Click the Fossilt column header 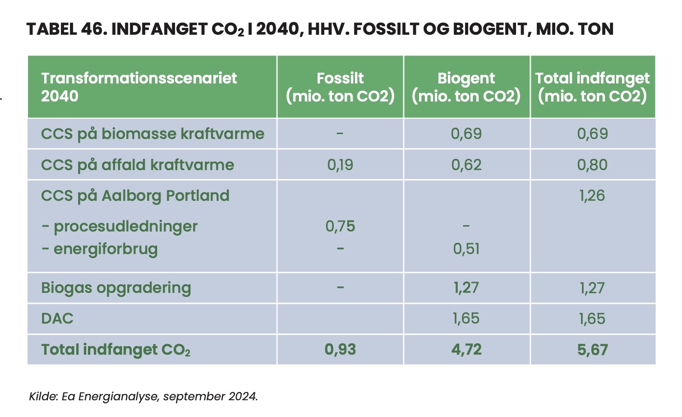pos(340,87)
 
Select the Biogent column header pos(466,87)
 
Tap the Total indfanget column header pos(593,87)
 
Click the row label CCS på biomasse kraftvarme pos(152,134)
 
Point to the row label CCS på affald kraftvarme pos(138,165)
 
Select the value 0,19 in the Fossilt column pos(340,165)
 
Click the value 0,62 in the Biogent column pos(466,165)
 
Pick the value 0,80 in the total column pos(593,165)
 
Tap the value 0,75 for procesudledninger pos(340,226)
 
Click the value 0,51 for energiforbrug pos(466,249)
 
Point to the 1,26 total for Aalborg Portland pos(593,195)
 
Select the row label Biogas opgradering pos(116,288)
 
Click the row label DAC pos(57,319)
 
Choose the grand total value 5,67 pos(593,350)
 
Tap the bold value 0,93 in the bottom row pos(340,349)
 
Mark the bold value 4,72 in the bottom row pos(466,349)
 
